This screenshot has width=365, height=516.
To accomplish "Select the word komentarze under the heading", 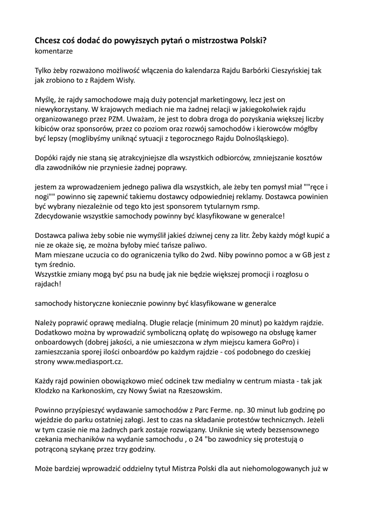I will pyautogui.click(x=53, y=51).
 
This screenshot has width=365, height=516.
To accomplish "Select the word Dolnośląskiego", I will pyautogui.click(x=258, y=138).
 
